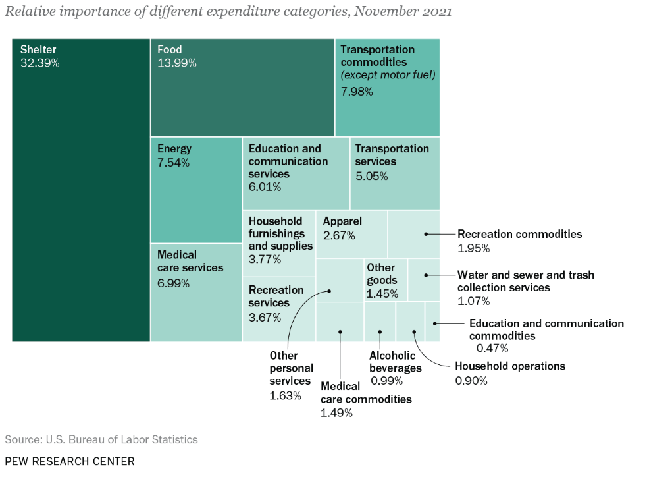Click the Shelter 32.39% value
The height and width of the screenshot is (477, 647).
pos(39,63)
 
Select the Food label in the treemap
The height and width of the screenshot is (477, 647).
pos(170,49)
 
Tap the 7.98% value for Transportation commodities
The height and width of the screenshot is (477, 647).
pos(357,92)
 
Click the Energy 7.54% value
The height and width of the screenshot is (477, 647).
pos(173,163)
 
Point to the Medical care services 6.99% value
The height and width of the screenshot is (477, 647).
pos(173,283)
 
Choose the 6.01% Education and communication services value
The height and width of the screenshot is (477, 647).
pos(265,187)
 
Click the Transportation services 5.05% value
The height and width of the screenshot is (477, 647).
pos(371,176)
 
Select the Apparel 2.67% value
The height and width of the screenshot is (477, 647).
pos(339,235)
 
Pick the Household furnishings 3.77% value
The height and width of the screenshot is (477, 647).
pos(265,259)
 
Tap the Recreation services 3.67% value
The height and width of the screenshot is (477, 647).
pos(265,318)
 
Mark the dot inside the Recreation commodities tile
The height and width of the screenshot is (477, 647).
pos(427,234)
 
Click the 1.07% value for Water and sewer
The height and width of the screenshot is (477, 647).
pos(473,301)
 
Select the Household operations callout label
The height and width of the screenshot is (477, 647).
pos(510,366)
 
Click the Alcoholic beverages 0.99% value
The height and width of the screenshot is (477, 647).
pos(386,381)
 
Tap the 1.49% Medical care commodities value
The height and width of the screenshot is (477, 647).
pos(336,413)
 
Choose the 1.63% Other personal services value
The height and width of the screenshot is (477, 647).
pos(285,396)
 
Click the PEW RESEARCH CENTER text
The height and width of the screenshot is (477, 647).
pos(70,461)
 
